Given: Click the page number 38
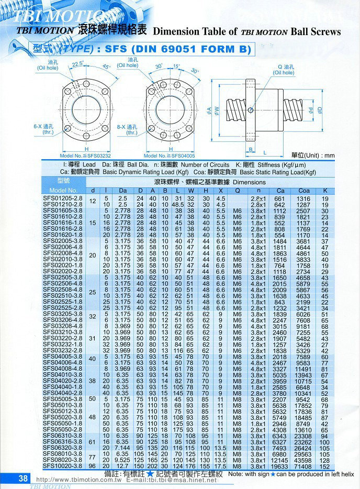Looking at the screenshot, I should pyautogui.click(x=24, y=478).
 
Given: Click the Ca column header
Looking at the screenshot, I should pyautogui.click(x=281, y=190).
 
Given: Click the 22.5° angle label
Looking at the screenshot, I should pyautogui.click(x=77, y=64).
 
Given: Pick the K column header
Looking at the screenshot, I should pyautogui.click(x=325, y=190).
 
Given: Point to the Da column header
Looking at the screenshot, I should pyautogui.click(x=123, y=190).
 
